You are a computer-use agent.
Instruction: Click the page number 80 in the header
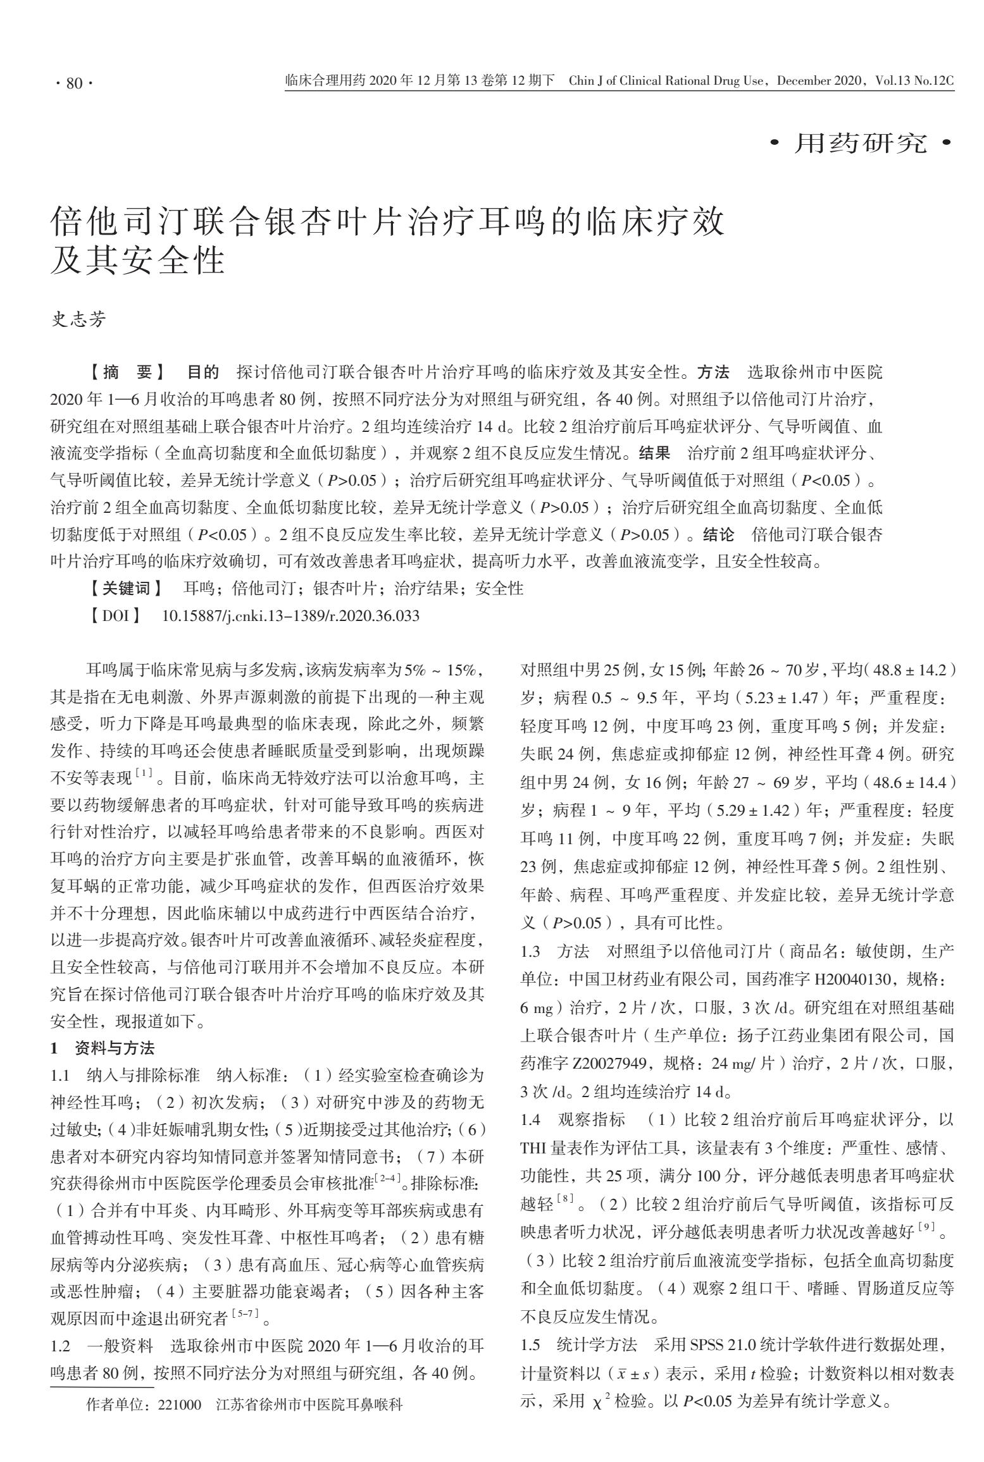pyautogui.click(x=74, y=83)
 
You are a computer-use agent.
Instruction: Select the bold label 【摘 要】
pyautogui.click(x=127, y=372)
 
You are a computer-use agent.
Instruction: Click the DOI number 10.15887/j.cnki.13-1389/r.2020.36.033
pyautogui.click(x=290, y=616)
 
